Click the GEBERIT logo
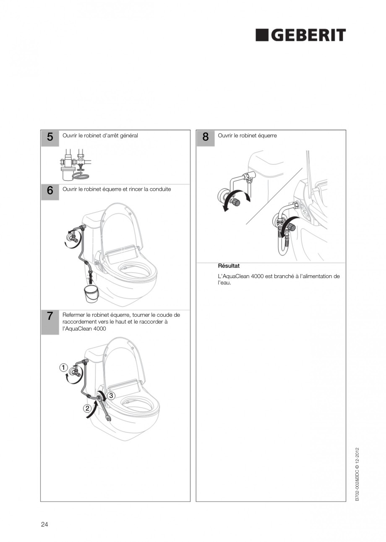coord(300,35)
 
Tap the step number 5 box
coord(50,138)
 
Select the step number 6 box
coord(50,191)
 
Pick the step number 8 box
coord(205,138)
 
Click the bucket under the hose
coord(91,293)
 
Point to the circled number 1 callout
coord(63,368)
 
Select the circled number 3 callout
coord(111,396)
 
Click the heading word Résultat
coord(229,266)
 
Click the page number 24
coord(44,524)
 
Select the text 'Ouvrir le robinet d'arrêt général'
coord(100,136)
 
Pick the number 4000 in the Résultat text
coord(257,276)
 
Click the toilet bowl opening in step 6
coord(134,271)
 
